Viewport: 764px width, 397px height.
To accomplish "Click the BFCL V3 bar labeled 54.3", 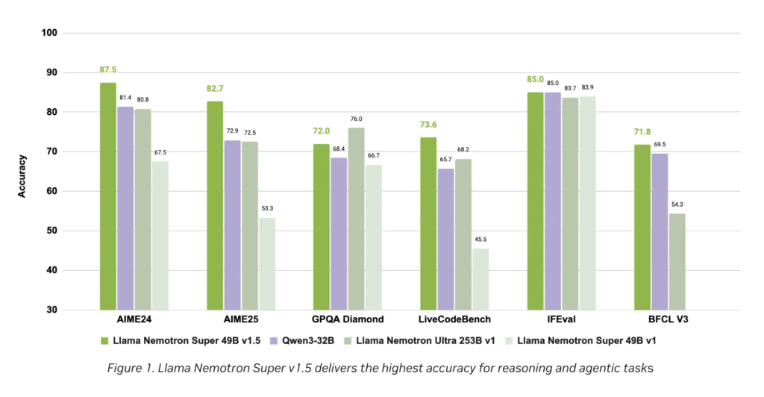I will [677, 261].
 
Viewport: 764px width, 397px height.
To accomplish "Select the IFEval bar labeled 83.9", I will [587, 202].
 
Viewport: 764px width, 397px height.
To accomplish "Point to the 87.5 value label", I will [108, 70].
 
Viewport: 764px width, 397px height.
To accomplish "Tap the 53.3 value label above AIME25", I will [267, 209].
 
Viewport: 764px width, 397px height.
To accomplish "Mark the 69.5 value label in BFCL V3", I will [660, 144].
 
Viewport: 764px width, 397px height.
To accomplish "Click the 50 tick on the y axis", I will [53, 231].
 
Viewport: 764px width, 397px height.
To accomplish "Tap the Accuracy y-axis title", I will [22, 176].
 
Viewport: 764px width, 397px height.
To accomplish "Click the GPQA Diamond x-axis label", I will [348, 319].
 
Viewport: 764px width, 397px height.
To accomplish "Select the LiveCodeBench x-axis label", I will [454, 319].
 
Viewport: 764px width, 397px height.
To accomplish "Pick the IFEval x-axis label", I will [561, 319].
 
